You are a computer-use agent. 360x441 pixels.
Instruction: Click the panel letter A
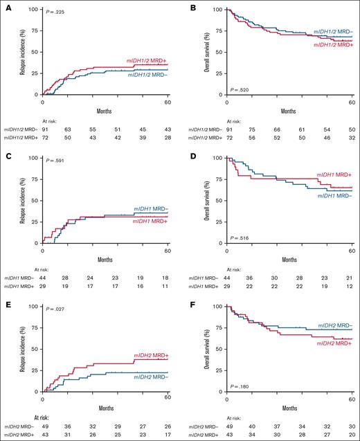pos(4,4)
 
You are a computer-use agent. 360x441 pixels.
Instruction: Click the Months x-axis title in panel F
pos(289,408)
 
